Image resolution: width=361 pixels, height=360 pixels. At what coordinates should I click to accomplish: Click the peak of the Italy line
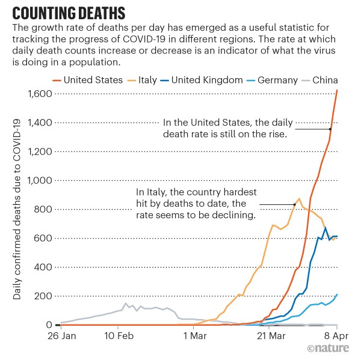(299, 198)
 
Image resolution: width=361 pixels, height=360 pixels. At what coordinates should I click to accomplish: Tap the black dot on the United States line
(331, 128)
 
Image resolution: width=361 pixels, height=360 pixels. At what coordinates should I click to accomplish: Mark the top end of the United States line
(338, 90)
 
